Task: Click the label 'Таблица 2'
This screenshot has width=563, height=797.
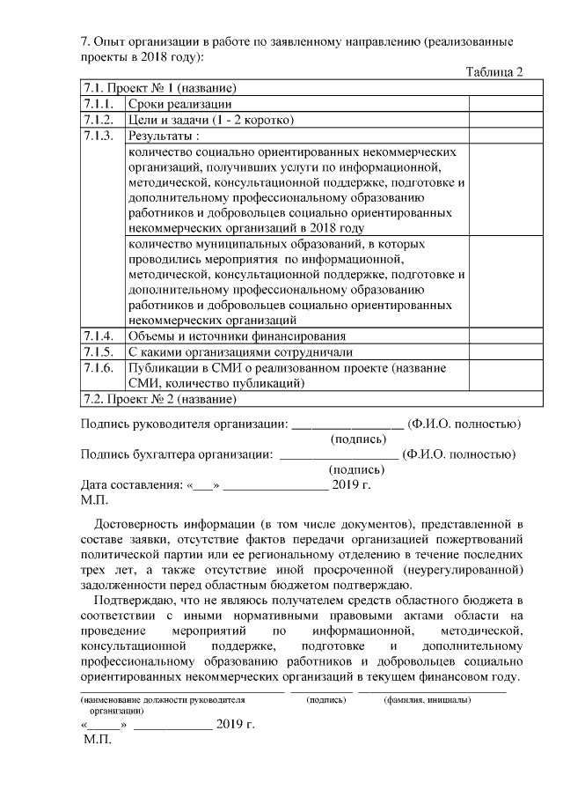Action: (494, 72)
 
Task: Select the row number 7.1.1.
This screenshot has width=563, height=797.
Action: (98, 104)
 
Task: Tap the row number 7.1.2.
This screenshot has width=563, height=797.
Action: (98, 120)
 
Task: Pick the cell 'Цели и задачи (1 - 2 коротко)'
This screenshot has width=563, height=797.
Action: (210, 120)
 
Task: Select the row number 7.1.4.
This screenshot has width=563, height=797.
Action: (98, 336)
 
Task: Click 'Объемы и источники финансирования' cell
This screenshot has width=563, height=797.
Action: (237, 336)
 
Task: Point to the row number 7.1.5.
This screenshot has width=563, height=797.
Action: (98, 352)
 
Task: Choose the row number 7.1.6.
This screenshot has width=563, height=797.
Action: (98, 368)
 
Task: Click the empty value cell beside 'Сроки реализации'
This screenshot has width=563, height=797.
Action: (495, 104)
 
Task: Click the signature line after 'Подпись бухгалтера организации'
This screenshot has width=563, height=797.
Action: (339, 455)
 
